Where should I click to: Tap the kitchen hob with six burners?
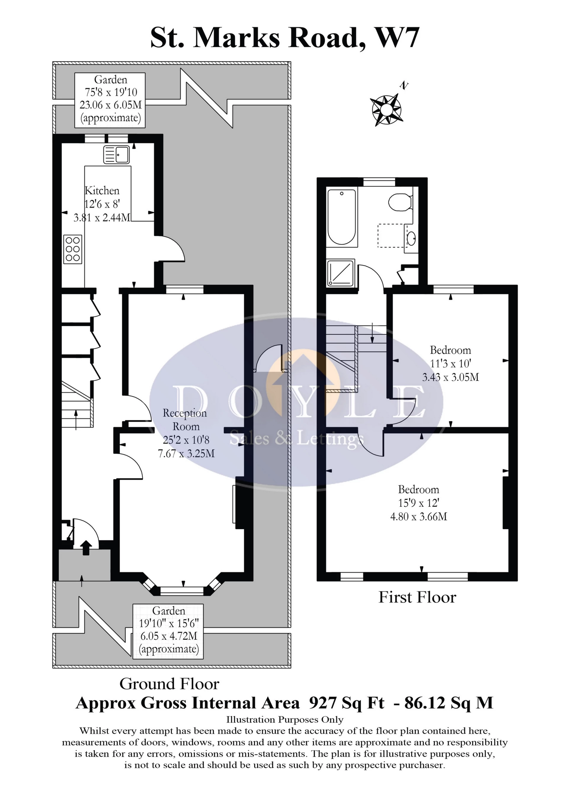coord(73,249)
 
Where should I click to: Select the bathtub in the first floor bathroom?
coord(342,217)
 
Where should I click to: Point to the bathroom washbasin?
coord(411,239)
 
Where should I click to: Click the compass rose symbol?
coord(386,109)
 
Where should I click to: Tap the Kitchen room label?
coord(102,191)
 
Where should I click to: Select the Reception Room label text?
coord(185,420)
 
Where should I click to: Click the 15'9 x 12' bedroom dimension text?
coord(418,503)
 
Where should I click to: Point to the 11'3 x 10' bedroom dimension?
coord(450,364)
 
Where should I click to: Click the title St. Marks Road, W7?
coord(284,38)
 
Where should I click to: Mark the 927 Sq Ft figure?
coord(346,703)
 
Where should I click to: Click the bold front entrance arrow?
coord(86,548)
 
